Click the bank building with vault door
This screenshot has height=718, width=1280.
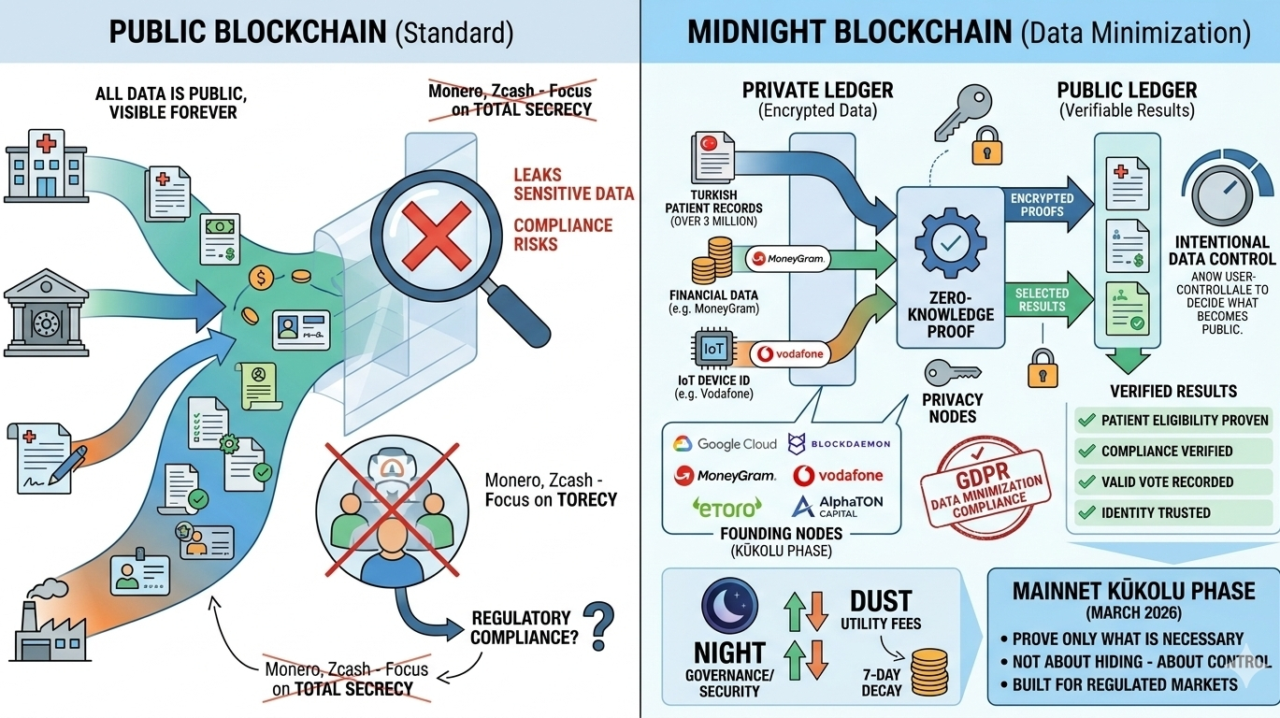click(x=46, y=315)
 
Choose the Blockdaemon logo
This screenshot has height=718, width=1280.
click(x=839, y=444)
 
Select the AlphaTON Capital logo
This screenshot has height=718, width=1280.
click(x=838, y=507)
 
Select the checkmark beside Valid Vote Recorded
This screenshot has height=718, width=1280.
click(x=1086, y=481)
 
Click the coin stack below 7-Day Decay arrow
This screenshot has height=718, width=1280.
click(x=928, y=671)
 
